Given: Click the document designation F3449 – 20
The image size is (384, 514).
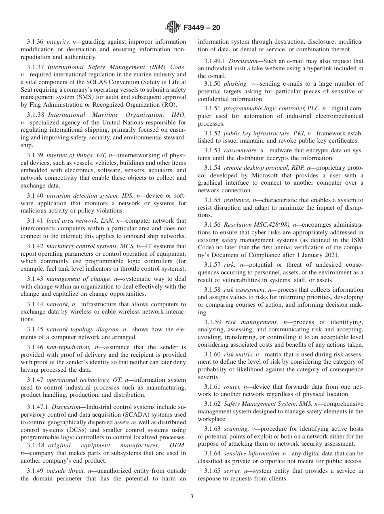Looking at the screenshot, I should click(x=202, y=28).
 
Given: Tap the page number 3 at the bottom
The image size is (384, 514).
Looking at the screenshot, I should click(x=192, y=497).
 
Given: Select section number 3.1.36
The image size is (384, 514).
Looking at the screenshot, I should click(x=35, y=42).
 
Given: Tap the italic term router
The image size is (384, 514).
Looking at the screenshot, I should click(x=231, y=386).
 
